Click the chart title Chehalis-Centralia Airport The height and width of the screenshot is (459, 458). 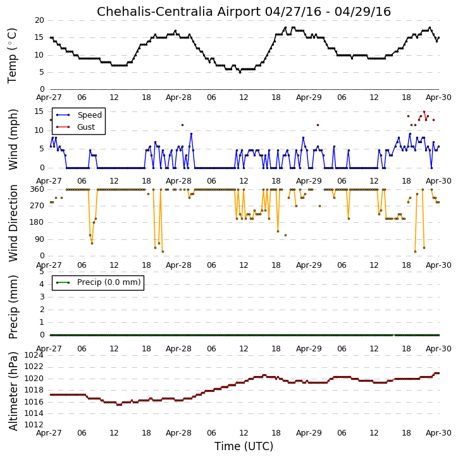pos(178,11)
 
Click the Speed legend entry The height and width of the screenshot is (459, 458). pos(79,115)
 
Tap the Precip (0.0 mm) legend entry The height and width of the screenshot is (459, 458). pos(98,282)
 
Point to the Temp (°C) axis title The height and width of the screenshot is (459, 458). pos(12,56)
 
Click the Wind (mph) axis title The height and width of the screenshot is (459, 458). pos(13,139)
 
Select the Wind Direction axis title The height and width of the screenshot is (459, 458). pos(13,223)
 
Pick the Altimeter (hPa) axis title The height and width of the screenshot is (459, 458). pos(13,391)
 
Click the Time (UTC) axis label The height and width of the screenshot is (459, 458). pos(244,446)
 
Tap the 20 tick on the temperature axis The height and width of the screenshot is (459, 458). pos(39,20)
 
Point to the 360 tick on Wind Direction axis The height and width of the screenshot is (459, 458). pos(37,189)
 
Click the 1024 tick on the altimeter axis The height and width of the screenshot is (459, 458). pos(34,355)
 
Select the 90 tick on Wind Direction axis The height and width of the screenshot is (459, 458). pos(39,239)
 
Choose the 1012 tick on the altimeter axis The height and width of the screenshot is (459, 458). pos(34,425)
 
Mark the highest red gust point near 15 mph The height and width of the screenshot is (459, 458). pos(424,112)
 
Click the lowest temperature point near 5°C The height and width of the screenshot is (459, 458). pos(240,72)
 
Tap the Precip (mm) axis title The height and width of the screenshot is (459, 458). pos(13,307)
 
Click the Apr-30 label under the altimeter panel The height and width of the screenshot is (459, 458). pos(438,433)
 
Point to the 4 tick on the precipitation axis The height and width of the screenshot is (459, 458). pos(42,284)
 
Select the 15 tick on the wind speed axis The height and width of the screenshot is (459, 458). pos(39,111)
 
